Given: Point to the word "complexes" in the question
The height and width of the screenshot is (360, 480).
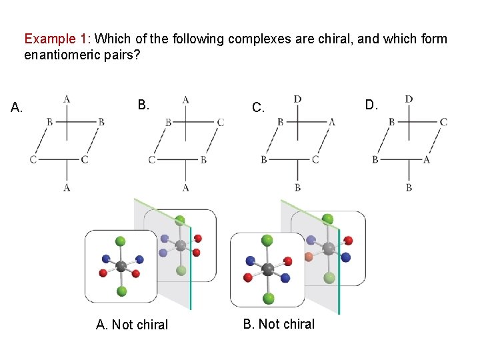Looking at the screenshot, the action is coord(258,39).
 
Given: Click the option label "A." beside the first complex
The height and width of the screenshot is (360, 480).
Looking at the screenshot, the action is coord(17,107).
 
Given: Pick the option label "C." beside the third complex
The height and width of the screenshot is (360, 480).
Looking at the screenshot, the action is coord(258,107).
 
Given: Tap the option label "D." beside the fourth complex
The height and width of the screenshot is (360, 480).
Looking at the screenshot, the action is coord(371,104).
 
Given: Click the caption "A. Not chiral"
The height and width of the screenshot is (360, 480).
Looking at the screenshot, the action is coord(132,325).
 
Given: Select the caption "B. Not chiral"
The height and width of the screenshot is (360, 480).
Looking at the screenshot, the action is coord(279,324).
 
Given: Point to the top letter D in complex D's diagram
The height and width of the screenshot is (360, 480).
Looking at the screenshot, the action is coord(409,99).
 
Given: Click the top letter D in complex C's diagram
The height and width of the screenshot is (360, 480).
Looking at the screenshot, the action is coord(297,99).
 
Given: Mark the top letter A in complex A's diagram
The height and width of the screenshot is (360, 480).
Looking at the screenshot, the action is coord(67,99).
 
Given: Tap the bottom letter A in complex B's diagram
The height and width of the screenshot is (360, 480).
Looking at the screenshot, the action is coord(185,188).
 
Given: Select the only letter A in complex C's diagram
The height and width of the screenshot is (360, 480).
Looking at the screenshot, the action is coord(332,122).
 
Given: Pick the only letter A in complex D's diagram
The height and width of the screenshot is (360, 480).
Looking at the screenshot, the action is coord(427,159).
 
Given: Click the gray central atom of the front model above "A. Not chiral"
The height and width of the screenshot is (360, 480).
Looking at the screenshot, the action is coord(121,267).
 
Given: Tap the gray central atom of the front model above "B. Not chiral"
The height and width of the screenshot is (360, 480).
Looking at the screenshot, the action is coord(268,269).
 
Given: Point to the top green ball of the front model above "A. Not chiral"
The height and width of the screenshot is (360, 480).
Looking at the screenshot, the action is coord(121,241).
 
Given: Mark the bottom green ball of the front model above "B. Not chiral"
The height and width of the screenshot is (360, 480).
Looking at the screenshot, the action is coord(269,297).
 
